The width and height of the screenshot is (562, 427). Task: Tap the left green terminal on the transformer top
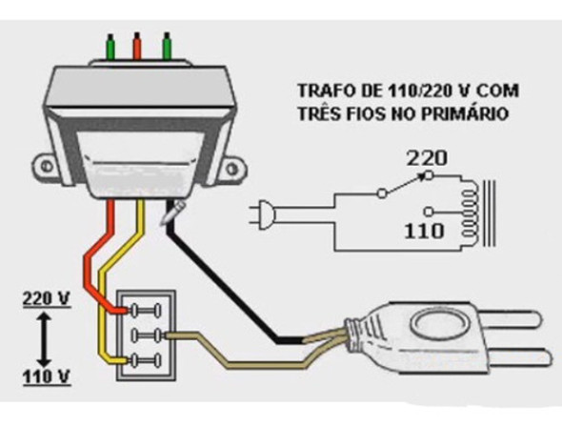coord(110,45)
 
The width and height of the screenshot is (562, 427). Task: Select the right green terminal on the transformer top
coord(168,45)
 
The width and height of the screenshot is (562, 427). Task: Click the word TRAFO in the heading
coord(318,93)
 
